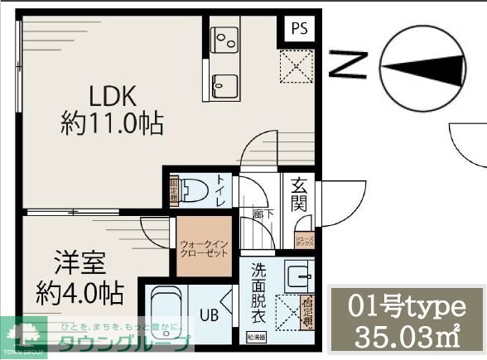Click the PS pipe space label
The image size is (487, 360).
tap(298, 28)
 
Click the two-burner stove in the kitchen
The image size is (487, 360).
tap(224, 38)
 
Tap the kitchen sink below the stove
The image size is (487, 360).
tap(224, 83)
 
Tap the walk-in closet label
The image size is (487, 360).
tap(204, 248)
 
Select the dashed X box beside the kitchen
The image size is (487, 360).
tap(296, 67)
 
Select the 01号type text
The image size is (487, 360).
tap(407, 307)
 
